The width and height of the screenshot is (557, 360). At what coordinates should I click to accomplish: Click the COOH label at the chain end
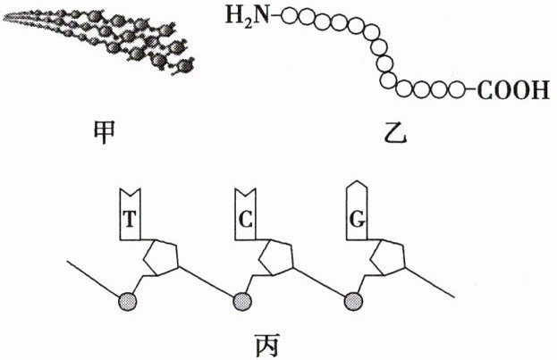click(512, 90)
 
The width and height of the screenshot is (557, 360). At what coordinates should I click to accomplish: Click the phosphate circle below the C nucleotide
click(242, 301)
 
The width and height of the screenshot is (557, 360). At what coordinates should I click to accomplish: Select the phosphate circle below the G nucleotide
click(355, 301)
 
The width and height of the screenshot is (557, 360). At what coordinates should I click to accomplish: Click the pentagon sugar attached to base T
click(162, 260)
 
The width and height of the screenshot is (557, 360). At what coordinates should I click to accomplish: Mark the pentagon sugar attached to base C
click(275, 260)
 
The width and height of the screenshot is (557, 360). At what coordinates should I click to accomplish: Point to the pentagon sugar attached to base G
click(388, 260)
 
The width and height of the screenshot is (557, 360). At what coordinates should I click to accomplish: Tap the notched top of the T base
click(131, 192)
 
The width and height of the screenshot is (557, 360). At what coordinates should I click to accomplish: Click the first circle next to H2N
click(288, 15)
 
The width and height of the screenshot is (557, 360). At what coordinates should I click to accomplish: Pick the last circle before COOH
click(459, 90)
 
